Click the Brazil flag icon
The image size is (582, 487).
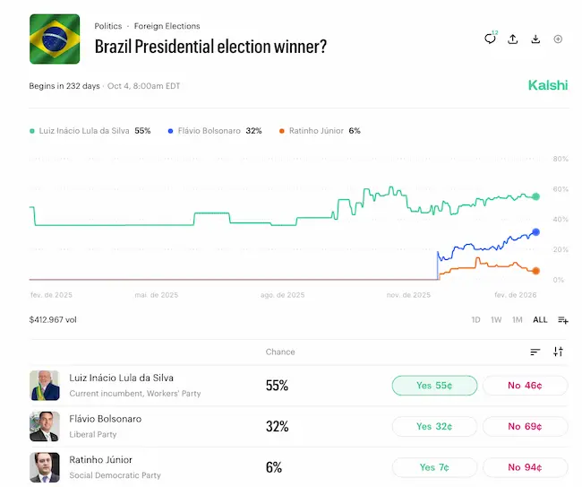pos(55,39)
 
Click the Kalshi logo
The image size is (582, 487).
pos(547,86)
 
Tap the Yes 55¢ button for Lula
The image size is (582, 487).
pos(434,386)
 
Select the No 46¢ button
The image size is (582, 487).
pos(525,386)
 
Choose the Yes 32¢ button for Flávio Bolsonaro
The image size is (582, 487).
pos(434,426)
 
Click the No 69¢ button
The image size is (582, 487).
pos(525,426)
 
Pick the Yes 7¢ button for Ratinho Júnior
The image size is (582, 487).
pos(434,467)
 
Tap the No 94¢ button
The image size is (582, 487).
pos(525,467)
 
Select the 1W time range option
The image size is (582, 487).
pos(496,320)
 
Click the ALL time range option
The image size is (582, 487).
pos(540,320)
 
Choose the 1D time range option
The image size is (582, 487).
pos(476,320)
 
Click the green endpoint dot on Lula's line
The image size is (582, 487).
pos(535,196)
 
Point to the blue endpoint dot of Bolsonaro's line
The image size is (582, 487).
pos(535,232)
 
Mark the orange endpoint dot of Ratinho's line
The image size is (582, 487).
pos(535,271)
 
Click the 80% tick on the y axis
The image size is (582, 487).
pos(561,160)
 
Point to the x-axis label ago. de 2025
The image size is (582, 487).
pos(282,294)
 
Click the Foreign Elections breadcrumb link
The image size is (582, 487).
pos(167,26)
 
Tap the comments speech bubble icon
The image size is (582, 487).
pos(490,39)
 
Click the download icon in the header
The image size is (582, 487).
pos(535,39)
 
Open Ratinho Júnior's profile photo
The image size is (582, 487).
pos(44,467)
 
